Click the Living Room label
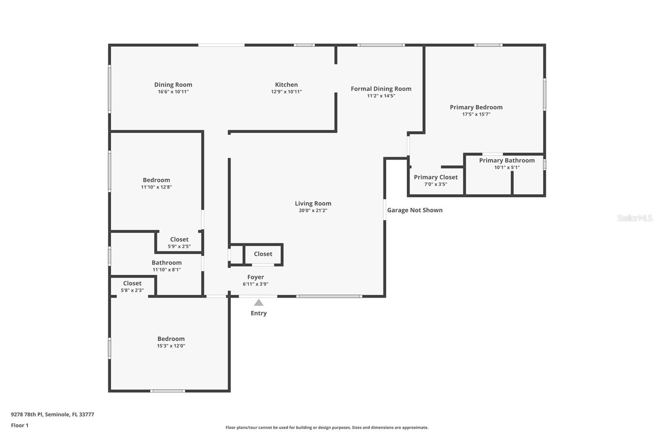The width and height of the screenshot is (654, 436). pos(313,203)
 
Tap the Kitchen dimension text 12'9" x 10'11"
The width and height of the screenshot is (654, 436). pos(286,92)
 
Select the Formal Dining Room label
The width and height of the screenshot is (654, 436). pos(381,89)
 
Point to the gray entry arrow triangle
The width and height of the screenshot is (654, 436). pos(258,303)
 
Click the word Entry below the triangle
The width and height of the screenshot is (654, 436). pos(258,313)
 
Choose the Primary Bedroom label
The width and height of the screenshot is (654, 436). pos(476,107)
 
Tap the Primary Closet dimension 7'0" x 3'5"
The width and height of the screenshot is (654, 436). pos(435,184)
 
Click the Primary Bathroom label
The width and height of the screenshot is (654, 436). pos(507,160)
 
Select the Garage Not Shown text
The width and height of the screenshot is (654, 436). pos(414,210)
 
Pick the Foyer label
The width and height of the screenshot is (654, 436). pos(255,277)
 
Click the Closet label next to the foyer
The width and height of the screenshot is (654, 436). pos(263,254)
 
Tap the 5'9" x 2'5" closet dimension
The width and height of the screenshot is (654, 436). pos(179,247)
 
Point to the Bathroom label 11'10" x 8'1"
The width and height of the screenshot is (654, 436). pos(166,263)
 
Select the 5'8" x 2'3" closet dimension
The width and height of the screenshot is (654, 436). pos(132,290)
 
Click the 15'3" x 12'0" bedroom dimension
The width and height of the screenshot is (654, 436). pos(171,346)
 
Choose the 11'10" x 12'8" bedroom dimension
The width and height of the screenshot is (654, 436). pos(156,187)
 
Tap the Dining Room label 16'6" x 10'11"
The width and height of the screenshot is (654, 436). pos(173,85)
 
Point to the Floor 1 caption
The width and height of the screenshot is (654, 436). pos(20,425)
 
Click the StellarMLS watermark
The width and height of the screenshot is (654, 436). pos(634,218)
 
